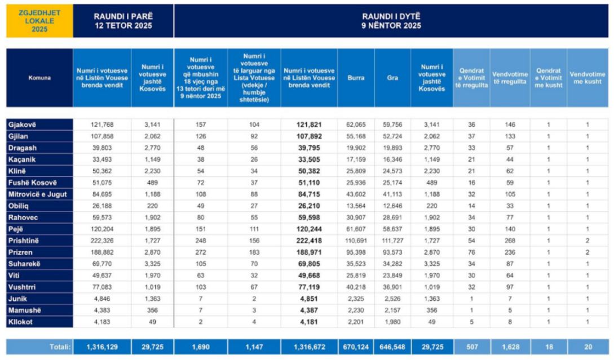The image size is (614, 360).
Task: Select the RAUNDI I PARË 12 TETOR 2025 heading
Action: [123, 21]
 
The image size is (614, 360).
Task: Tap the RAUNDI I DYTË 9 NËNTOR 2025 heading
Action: [391, 21]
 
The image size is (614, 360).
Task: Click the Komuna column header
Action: [39, 78]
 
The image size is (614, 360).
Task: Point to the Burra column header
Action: [356, 78]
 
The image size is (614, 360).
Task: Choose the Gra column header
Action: [392, 78]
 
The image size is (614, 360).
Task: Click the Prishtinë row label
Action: [25, 241]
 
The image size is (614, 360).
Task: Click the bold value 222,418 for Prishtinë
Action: [309, 241]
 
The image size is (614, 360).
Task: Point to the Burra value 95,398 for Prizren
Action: [356, 252]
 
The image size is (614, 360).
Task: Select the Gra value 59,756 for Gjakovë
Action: [392, 125]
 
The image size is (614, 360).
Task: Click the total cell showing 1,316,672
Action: [309, 347]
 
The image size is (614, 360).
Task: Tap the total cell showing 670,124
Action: [356, 347]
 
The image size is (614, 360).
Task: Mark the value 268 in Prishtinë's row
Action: [509, 241]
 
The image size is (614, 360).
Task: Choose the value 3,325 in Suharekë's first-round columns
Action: [152, 264]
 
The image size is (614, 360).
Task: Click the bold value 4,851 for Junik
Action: [309, 299]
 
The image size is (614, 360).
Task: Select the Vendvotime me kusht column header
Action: [588, 78]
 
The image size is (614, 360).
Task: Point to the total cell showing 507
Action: [471, 347]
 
